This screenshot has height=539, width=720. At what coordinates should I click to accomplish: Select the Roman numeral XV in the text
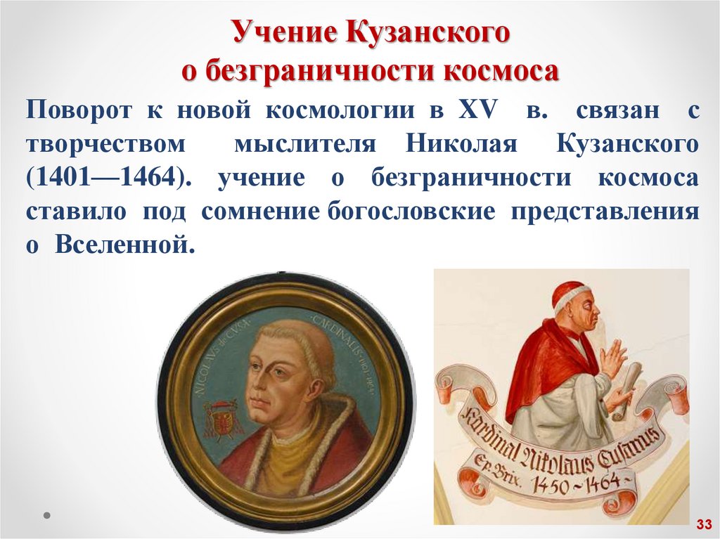(x=479, y=110)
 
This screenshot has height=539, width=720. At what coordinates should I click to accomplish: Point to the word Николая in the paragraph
(x=461, y=144)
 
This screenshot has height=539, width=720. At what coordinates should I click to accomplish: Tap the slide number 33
(x=704, y=524)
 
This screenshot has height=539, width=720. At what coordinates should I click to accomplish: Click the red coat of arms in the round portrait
(x=222, y=422)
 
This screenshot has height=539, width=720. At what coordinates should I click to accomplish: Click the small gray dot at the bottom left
(x=47, y=515)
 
